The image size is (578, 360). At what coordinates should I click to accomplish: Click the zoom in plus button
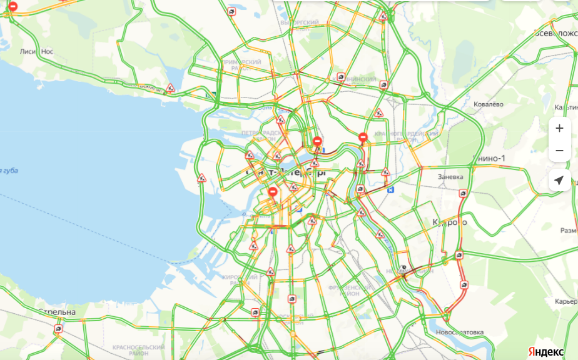(x=559, y=128)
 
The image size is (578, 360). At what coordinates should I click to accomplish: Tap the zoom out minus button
(x=559, y=151)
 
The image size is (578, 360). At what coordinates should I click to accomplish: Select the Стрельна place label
(x=57, y=311)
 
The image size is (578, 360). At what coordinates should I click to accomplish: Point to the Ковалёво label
(x=488, y=104)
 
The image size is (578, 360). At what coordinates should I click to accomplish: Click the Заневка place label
(x=450, y=177)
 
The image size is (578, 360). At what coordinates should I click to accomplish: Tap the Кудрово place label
(x=450, y=222)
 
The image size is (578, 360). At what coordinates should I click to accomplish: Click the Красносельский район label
(x=138, y=350)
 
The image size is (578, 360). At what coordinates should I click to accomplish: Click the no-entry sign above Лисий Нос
(x=13, y=7)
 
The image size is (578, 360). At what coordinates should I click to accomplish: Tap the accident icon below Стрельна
(x=58, y=328)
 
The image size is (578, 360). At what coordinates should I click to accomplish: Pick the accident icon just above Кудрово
(x=462, y=194)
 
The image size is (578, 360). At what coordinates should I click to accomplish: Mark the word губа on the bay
(x=9, y=171)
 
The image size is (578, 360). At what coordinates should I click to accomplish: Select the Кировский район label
(x=239, y=279)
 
